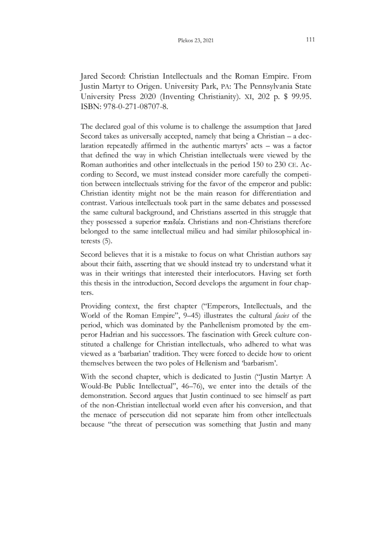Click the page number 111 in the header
(x=310, y=40)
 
